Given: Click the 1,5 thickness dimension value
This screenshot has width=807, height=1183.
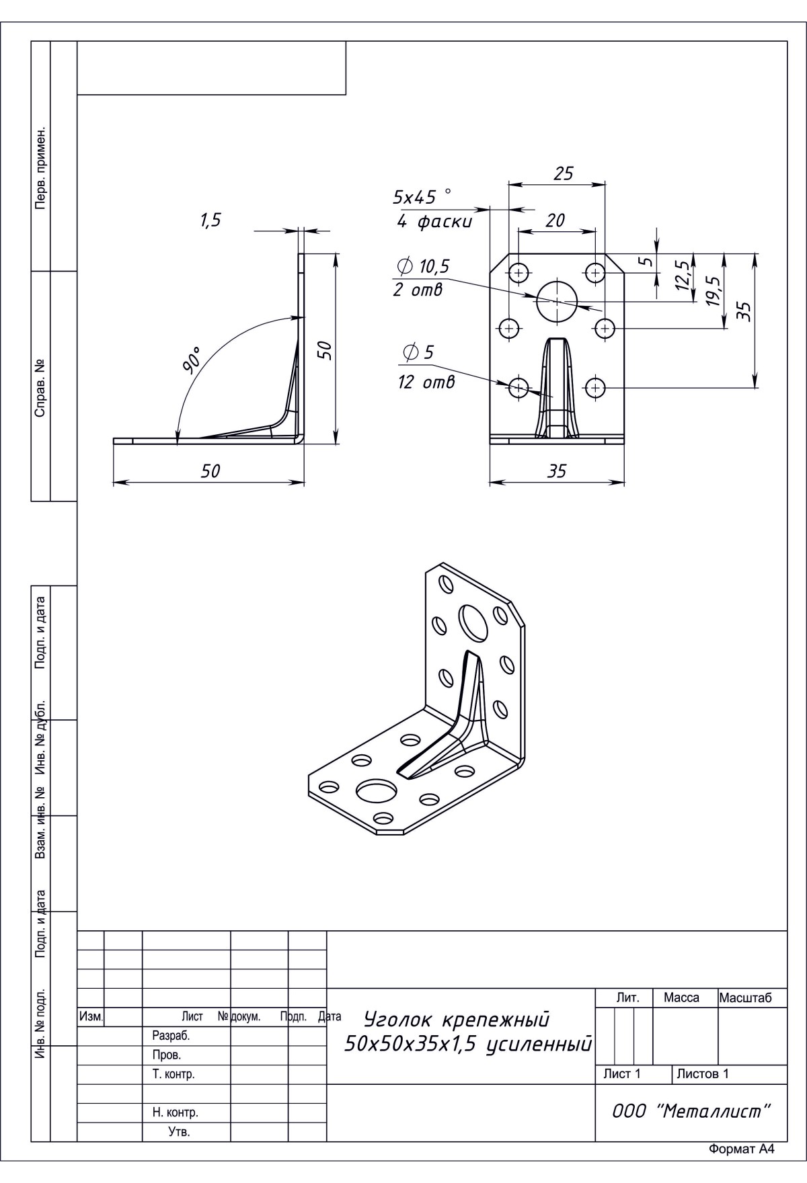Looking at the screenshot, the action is click(210, 220).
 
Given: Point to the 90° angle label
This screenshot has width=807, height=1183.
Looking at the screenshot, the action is click(192, 360).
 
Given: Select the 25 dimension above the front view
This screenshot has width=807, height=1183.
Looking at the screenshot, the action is click(563, 173).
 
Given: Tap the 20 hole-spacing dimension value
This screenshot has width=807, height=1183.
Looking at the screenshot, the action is click(555, 220).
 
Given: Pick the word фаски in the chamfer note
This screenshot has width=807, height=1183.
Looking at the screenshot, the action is click(445, 222).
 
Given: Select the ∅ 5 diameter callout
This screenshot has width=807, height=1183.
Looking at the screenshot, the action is click(418, 352).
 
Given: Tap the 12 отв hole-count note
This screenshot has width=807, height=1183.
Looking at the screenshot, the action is click(426, 382).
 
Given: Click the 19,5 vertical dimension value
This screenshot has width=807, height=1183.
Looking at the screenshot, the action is click(714, 291).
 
